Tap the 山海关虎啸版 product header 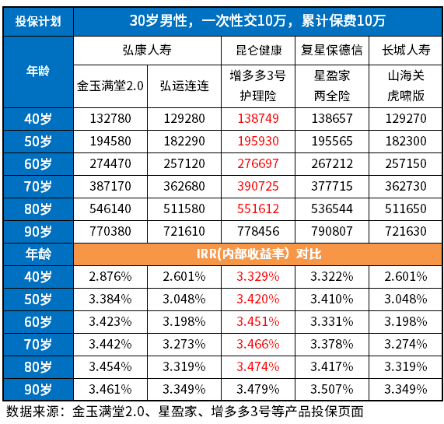[405, 86]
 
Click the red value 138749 [258, 119]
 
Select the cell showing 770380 [110, 232]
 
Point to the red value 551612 [258, 209]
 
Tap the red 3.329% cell [258, 276]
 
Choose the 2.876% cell [110, 276]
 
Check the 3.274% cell [405, 343]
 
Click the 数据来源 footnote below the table [184, 411]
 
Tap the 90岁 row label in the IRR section [37, 388]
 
